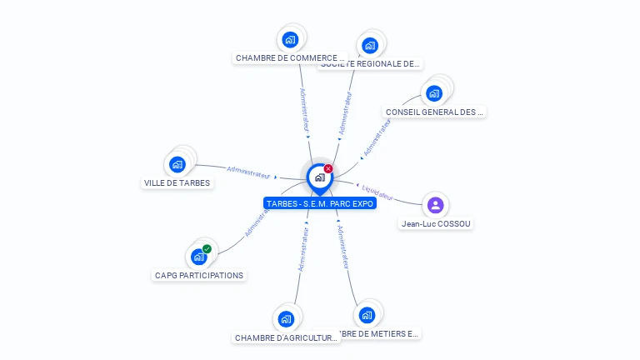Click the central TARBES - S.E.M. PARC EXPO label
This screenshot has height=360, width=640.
click(320, 202)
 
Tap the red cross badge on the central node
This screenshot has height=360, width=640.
click(328, 168)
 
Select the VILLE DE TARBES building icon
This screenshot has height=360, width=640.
click(177, 164)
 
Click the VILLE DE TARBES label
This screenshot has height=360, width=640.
click(177, 182)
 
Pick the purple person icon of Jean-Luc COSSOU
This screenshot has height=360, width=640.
click(435, 205)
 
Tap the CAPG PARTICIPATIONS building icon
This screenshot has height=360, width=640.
click(198, 257)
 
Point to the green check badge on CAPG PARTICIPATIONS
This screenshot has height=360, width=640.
click(207, 248)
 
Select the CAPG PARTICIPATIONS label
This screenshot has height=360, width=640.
click(199, 275)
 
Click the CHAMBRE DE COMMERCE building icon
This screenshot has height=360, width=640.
click(289, 39)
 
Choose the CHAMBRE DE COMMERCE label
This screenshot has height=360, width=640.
click(290, 58)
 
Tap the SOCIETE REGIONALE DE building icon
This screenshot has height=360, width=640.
click(370, 45)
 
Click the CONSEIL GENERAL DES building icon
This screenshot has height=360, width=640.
click(434, 92)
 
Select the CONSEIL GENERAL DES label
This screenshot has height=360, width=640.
click(434, 112)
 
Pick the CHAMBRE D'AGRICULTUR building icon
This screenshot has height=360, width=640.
click(286, 318)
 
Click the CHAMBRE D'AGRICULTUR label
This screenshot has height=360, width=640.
click(286, 337)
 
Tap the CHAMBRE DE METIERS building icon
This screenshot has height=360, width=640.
click(366, 315)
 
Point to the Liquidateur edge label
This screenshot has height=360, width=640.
click(377, 192)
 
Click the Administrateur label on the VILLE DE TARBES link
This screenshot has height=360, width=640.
click(249, 173)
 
